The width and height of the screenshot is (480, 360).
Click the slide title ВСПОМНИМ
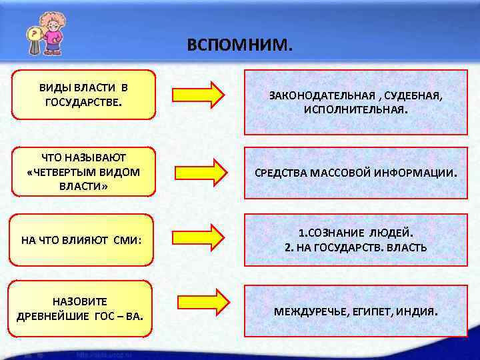click(x=239, y=45)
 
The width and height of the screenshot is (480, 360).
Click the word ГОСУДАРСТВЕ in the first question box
click(x=83, y=103)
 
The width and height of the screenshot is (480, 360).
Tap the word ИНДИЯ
click(x=419, y=311)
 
